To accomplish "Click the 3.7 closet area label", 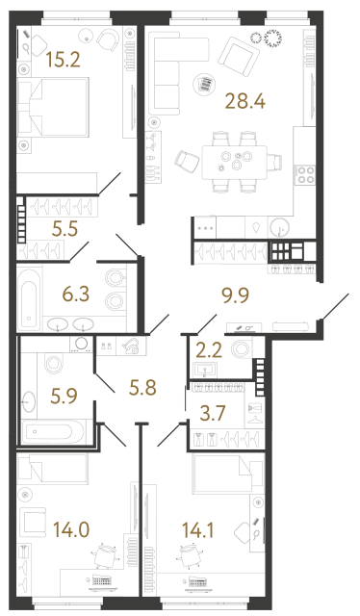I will pyautogui.click(x=211, y=415).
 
